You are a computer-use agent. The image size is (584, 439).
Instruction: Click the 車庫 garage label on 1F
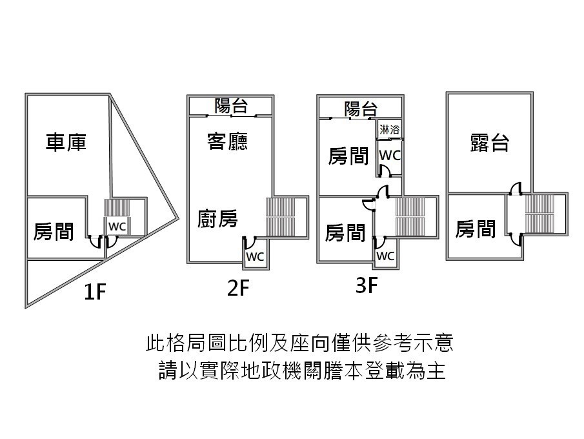66,143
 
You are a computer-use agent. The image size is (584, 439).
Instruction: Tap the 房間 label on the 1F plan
54,231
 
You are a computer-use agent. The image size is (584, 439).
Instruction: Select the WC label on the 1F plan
117,226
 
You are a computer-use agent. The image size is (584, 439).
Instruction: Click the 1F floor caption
95,291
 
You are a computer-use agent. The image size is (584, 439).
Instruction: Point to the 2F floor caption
238,288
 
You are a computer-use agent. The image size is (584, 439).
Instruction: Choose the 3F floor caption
367,285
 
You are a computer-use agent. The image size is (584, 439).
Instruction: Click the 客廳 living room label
227,141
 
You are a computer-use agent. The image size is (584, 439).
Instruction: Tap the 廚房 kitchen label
217,218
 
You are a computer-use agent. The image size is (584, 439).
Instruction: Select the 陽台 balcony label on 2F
231,106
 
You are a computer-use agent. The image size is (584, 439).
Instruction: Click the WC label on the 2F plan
255,256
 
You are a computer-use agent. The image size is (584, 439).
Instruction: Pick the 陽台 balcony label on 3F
361,109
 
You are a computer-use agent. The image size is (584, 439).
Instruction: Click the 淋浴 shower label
390,130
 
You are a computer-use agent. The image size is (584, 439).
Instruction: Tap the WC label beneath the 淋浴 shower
390,155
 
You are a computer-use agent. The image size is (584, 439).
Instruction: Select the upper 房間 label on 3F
348,156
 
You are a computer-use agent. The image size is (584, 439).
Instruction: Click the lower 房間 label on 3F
345,233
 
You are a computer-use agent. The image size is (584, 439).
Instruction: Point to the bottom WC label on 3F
385,256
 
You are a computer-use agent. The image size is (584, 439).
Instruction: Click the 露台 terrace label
489,143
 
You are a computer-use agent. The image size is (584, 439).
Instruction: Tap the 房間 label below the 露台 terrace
475,229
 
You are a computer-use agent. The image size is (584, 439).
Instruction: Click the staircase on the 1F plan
117,208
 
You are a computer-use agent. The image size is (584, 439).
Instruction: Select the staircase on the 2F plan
280,217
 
